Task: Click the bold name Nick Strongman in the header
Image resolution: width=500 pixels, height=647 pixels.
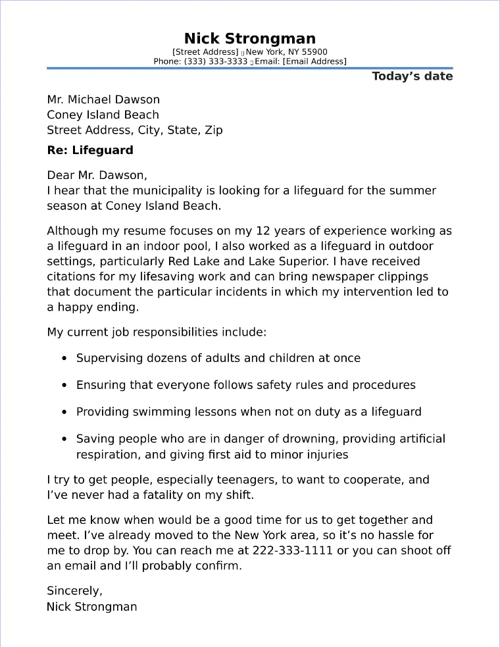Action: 250,38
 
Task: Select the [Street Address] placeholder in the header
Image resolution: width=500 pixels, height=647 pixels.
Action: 205,52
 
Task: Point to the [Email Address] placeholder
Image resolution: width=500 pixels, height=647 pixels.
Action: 315,61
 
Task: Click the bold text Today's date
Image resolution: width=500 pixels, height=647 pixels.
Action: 413,76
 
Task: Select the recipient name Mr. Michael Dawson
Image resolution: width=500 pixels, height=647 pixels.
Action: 103,100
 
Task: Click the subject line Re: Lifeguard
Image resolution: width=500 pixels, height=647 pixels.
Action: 90,150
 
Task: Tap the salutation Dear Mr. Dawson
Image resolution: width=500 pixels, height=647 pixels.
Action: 97,175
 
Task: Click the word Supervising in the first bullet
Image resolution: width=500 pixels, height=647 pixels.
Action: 108,359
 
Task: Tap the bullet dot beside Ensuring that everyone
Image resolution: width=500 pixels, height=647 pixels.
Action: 64,385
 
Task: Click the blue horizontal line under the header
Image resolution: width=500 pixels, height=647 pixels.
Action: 250,68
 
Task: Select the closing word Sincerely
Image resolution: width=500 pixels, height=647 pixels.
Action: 74,590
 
